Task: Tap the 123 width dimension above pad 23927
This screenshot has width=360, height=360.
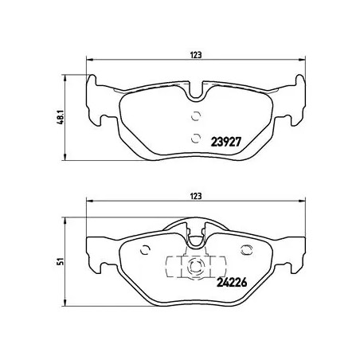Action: [x=195, y=54]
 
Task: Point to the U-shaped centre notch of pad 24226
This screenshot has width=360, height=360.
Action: [x=195, y=234]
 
